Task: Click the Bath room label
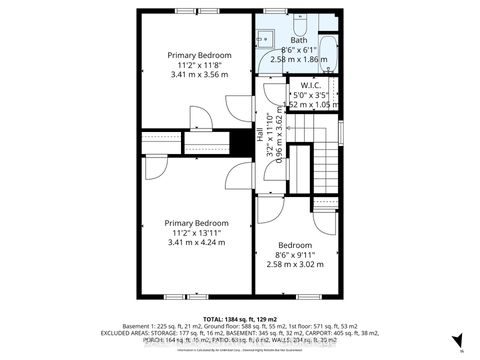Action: (300, 41)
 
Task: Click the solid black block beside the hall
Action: (241, 142)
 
